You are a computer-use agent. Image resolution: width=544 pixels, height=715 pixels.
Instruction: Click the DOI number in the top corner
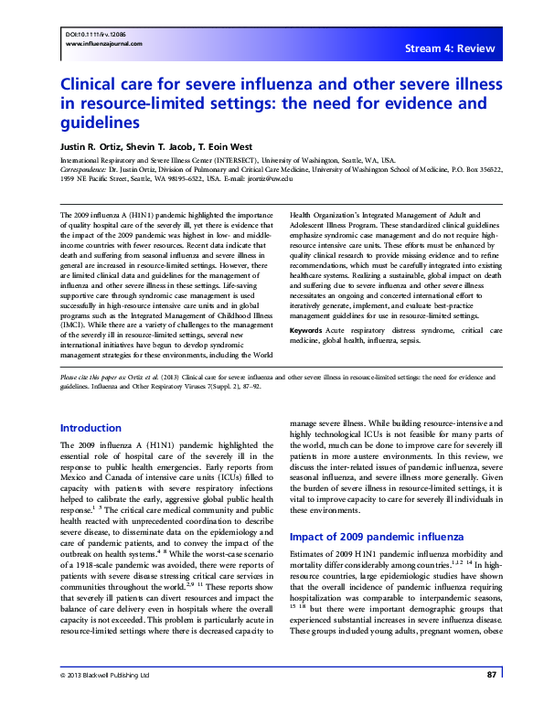click(x=86, y=33)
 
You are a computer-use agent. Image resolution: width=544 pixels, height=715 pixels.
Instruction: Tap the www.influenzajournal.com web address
click(x=94, y=41)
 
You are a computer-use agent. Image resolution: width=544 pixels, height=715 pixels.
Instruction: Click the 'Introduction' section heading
click(x=90, y=428)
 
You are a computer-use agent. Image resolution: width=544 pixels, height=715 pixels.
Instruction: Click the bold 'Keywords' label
click(x=305, y=328)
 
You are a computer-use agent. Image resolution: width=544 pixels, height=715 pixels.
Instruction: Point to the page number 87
click(x=492, y=699)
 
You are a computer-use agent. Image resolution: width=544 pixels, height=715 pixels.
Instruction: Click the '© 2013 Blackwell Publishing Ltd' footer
click(x=101, y=699)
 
